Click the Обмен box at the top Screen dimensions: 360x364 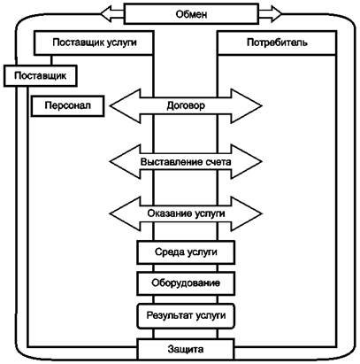(191, 13)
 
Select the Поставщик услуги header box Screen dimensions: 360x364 (94, 43)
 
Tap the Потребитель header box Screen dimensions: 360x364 (277, 43)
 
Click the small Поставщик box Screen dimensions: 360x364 (41, 76)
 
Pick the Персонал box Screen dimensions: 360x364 (67, 105)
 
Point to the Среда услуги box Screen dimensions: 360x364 (186, 252)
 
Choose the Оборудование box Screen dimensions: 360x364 (186, 283)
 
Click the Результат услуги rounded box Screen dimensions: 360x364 (186, 316)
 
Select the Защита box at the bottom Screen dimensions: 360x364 (186, 350)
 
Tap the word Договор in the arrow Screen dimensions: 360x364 (186, 105)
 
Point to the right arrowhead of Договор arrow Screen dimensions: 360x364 (247, 105)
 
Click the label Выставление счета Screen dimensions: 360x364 (186, 162)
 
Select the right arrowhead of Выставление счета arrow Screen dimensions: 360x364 (247, 161)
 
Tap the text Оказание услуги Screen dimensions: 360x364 (186, 213)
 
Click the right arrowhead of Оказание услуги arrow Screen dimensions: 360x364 (247, 213)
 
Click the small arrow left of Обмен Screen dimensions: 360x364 (112, 14)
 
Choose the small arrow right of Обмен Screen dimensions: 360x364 (270, 14)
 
